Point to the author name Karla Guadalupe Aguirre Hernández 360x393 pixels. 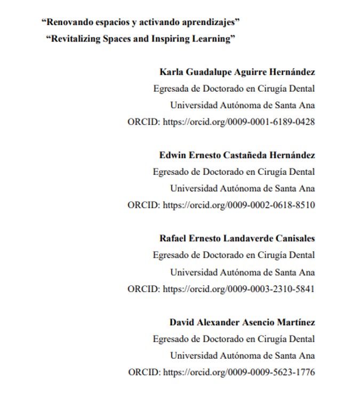[x=237, y=72]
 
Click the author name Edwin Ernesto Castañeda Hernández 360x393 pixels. [x=237, y=155]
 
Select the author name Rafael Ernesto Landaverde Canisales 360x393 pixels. [x=237, y=238]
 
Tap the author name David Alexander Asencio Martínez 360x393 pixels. [x=242, y=322]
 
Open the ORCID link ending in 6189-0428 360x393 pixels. [x=238, y=122]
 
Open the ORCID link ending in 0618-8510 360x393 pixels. [x=238, y=205]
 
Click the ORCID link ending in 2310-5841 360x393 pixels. [x=238, y=288]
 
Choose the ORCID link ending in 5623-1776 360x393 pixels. [x=238, y=372]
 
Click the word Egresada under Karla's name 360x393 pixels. [x=170, y=89]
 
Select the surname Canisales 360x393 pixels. [x=295, y=238]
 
